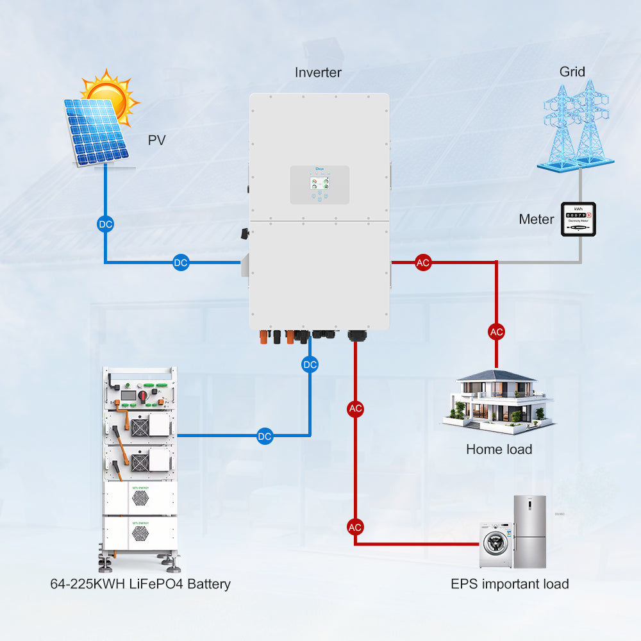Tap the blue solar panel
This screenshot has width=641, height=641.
click(96, 131)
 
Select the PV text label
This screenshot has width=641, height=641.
click(157, 140)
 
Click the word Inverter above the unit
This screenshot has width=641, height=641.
click(318, 72)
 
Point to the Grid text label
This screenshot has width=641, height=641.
click(572, 71)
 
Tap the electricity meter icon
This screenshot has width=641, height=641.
click(578, 219)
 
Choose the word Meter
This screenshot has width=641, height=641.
click(537, 219)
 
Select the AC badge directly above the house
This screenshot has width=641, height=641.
click(496, 331)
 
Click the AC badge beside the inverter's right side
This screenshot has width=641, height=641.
click(422, 262)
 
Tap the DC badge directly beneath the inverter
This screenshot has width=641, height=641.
click(310, 365)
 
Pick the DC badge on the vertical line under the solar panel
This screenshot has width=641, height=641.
click(105, 224)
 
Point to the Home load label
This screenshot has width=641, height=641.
click(499, 449)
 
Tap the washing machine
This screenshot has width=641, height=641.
click(496, 545)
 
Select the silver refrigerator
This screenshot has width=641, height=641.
click(529, 531)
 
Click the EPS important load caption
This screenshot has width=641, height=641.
click(510, 584)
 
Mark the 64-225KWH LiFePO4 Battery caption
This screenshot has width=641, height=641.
click(140, 584)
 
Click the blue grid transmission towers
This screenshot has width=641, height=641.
click(574, 125)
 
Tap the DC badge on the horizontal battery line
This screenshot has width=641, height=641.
click(265, 436)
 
